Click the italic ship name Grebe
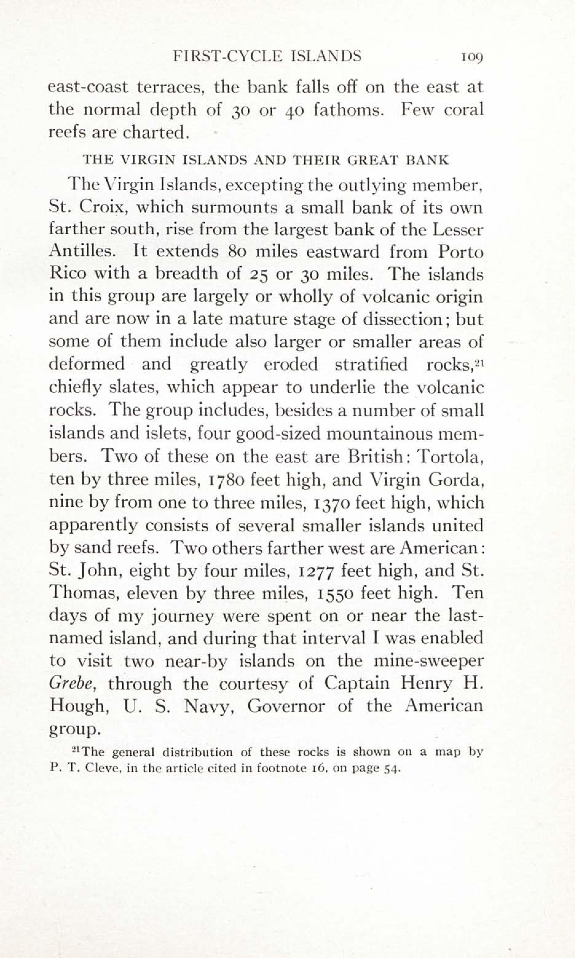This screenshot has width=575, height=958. (x=72, y=684)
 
